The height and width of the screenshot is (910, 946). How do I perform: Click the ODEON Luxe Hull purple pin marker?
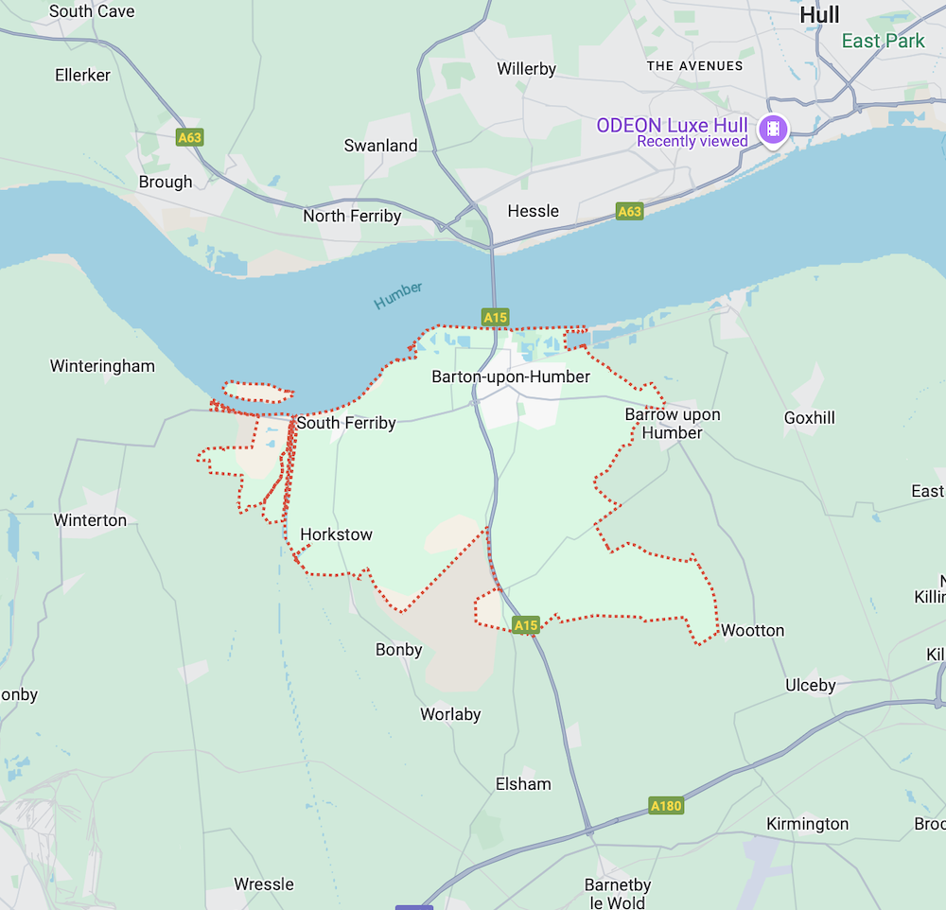pos(773,130)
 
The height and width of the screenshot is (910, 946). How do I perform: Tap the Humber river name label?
pos(398,295)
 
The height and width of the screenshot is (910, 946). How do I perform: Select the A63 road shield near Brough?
pos(190,138)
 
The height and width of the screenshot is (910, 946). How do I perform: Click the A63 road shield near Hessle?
pos(629,212)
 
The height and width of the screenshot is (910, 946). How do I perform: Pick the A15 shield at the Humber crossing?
pos(495,317)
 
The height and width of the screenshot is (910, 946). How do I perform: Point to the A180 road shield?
pos(666,806)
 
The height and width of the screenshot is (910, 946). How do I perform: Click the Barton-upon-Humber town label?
pos(511,376)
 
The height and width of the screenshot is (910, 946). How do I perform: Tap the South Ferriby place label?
pos(346,423)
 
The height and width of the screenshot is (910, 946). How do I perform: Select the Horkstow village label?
pos(336,534)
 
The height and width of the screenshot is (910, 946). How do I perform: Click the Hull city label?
pos(819,16)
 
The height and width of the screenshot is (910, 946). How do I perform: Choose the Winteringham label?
pos(102,366)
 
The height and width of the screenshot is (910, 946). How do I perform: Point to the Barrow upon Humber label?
pos(673,424)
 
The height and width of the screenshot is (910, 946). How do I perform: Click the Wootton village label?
pos(753,630)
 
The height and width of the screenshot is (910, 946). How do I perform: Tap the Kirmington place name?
pos(807,823)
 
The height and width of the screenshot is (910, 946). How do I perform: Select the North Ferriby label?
pos(352,216)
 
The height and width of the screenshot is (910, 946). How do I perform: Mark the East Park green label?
pos(883,41)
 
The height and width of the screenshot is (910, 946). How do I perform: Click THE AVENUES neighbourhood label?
pos(695,65)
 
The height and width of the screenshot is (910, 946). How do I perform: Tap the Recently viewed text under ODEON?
pos(692,142)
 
